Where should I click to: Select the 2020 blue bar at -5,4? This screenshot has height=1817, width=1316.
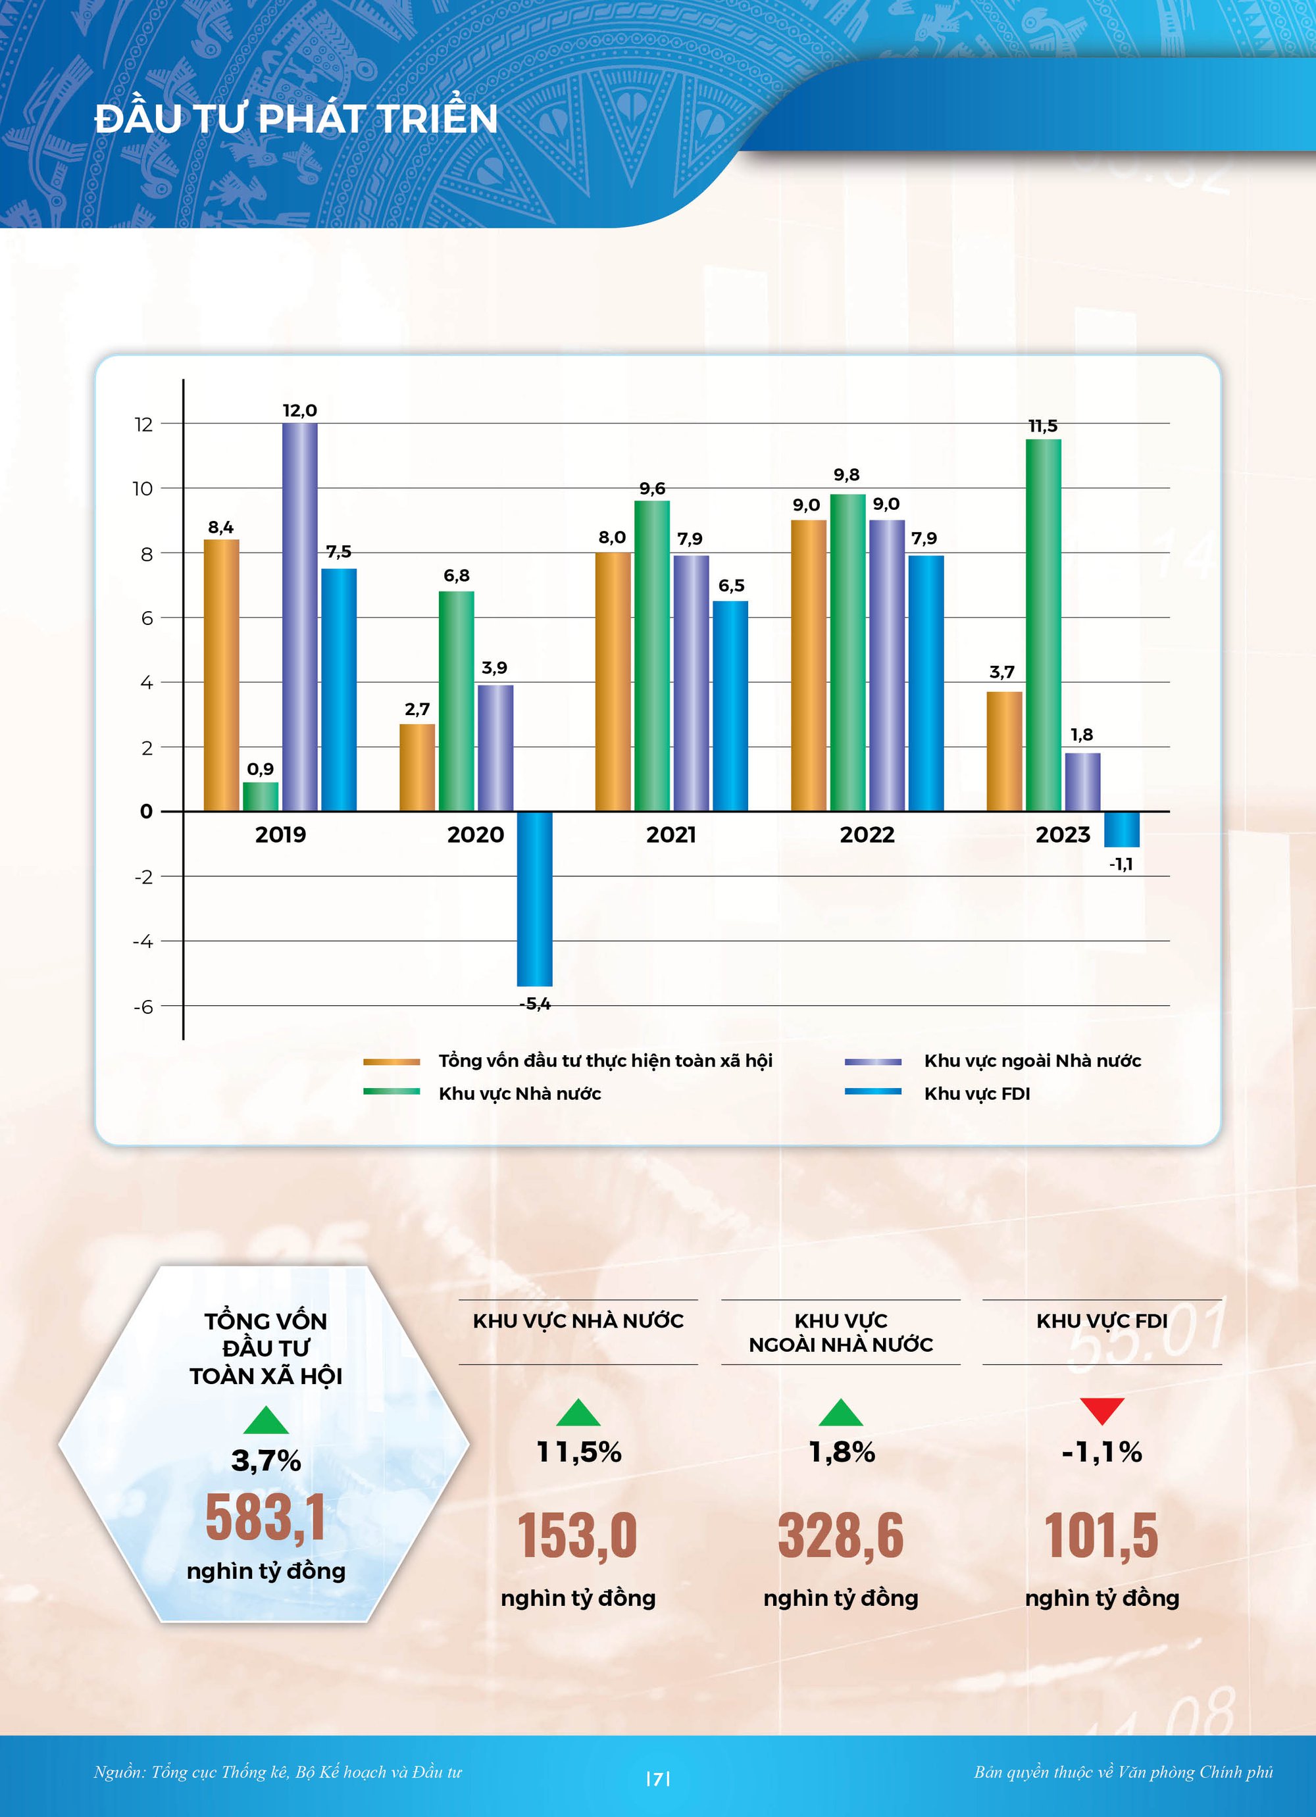pos(534,898)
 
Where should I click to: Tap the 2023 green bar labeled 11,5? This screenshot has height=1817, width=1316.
pos(1043,625)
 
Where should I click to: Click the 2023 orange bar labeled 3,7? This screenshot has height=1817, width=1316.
pos(1003,751)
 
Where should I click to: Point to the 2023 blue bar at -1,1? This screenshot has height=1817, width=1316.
pos(1121,829)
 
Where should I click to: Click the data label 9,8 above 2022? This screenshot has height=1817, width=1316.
pos(846,474)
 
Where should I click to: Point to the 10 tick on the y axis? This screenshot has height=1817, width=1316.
pos(143,489)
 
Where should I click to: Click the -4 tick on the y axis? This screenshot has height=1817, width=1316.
pos(143,941)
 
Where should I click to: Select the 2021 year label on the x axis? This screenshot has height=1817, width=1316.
pos(671,835)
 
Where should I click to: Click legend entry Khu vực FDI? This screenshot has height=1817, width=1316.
pos(976,1093)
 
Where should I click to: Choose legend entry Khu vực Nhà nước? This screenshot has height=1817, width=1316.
pos(519,1093)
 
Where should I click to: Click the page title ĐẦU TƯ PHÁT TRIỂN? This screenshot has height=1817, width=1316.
pos(295,118)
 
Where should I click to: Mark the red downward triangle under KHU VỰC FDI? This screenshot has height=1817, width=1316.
pos(1101,1410)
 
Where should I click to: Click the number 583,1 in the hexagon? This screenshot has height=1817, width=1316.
pos(265,1518)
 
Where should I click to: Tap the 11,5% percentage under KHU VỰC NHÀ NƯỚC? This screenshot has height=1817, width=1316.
pos(578,1453)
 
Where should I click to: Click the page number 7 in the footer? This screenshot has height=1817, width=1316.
pos(657,1780)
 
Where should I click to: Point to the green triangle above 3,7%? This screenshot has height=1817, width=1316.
pos(265,1420)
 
